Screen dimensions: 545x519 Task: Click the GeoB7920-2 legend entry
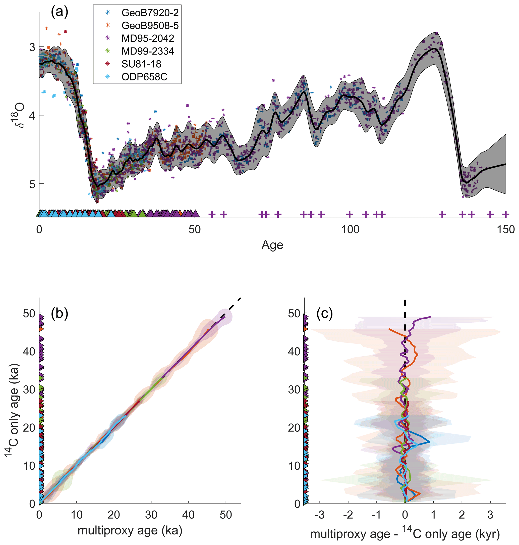(x=150, y=13)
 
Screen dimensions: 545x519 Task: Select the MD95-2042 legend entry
(x=148, y=38)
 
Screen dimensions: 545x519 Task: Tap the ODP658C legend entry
(x=144, y=77)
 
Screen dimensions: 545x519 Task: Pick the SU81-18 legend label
(x=141, y=64)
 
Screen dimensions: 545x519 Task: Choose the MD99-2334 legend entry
(x=148, y=51)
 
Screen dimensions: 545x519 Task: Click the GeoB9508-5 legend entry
(x=150, y=25)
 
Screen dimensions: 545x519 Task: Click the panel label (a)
(x=60, y=13)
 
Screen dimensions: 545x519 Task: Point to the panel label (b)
(x=60, y=314)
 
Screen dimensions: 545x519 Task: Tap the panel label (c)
(x=324, y=314)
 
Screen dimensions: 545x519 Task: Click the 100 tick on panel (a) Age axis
(x=350, y=229)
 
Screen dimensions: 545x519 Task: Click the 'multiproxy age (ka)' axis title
(x=130, y=531)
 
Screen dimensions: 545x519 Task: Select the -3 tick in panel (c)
(x=320, y=515)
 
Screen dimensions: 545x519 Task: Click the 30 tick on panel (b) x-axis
(x=151, y=515)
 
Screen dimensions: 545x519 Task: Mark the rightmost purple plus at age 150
(x=505, y=214)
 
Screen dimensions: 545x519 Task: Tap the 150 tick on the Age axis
(x=505, y=229)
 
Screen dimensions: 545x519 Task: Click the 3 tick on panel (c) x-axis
(x=490, y=515)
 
